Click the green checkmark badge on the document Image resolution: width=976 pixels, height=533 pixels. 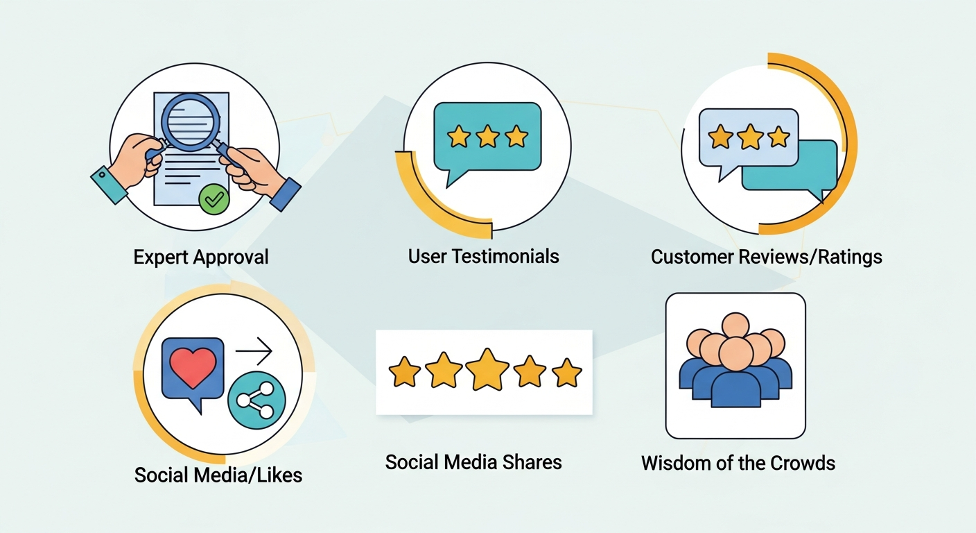214,199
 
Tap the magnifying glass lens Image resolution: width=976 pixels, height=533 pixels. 190,122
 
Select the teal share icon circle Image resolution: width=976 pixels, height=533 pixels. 256,400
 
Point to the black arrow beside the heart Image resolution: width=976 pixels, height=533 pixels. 254,350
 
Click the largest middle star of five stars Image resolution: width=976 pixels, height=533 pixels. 487,369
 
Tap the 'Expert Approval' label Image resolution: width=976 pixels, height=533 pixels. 201,257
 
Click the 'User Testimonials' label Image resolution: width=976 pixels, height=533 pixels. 483,256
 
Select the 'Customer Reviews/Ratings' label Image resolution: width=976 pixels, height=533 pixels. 767,257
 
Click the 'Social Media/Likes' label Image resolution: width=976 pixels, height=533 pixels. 218,475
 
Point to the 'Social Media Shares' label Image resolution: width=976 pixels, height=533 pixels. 473,462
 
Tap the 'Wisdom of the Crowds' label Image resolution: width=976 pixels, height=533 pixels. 738,463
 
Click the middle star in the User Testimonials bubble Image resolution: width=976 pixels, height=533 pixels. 487,136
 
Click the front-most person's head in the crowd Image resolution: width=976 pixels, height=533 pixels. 735,354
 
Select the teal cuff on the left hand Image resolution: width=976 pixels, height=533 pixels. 110,185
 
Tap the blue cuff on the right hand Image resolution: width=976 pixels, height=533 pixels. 285,194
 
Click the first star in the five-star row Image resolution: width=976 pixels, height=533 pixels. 404,371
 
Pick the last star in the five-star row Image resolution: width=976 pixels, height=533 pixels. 566,373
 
